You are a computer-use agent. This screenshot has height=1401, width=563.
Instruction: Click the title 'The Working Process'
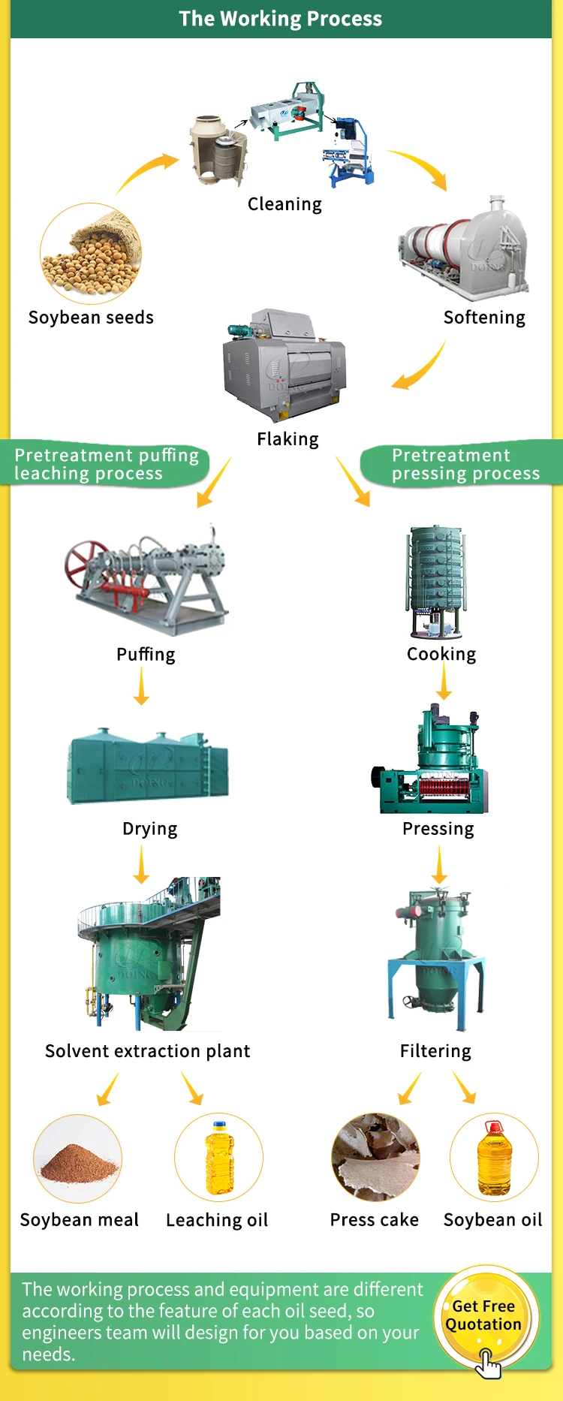[x=280, y=19]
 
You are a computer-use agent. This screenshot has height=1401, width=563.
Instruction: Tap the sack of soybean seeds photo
[x=91, y=254]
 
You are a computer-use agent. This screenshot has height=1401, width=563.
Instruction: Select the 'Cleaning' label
[x=285, y=204]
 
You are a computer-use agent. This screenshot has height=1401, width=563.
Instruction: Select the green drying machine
[x=148, y=767]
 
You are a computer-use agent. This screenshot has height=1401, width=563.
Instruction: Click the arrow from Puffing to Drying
[x=141, y=686]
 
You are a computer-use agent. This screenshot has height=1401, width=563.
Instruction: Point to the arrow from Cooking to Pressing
[x=444, y=682]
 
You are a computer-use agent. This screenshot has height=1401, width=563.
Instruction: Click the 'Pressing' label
[x=438, y=829]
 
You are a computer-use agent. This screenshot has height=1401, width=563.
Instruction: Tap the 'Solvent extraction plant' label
[x=147, y=1051]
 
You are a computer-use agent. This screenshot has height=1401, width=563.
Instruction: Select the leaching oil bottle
[x=219, y=1157]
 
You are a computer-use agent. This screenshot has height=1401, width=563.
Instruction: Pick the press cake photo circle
[x=375, y=1157]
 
